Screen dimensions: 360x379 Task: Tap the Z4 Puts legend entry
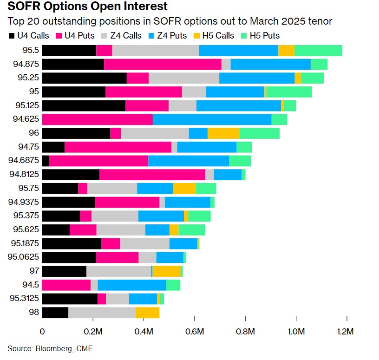[168, 35]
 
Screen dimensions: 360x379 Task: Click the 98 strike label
[33, 313]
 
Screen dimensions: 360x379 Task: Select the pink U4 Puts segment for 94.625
[98, 119]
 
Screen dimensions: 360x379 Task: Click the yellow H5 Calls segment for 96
[223, 133]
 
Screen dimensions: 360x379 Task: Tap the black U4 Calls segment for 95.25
[84, 78]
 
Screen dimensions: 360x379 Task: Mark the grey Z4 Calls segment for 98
[102, 313]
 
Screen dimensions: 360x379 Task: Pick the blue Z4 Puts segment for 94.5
[132, 285]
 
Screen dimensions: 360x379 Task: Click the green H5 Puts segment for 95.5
[318, 51]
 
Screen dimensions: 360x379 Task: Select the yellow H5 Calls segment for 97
[166, 271]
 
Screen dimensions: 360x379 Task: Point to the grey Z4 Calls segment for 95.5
[156, 51]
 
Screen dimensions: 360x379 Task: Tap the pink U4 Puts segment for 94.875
[163, 65]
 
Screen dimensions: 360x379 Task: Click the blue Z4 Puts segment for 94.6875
[189, 161]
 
